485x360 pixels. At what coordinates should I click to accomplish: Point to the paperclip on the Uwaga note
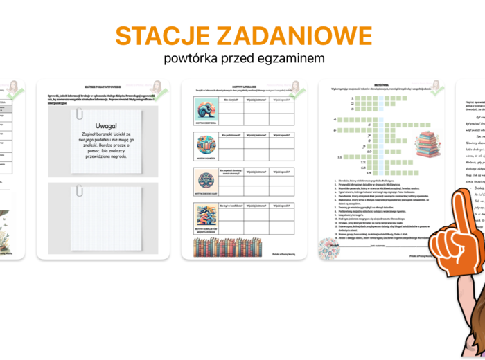(x=81, y=113)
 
